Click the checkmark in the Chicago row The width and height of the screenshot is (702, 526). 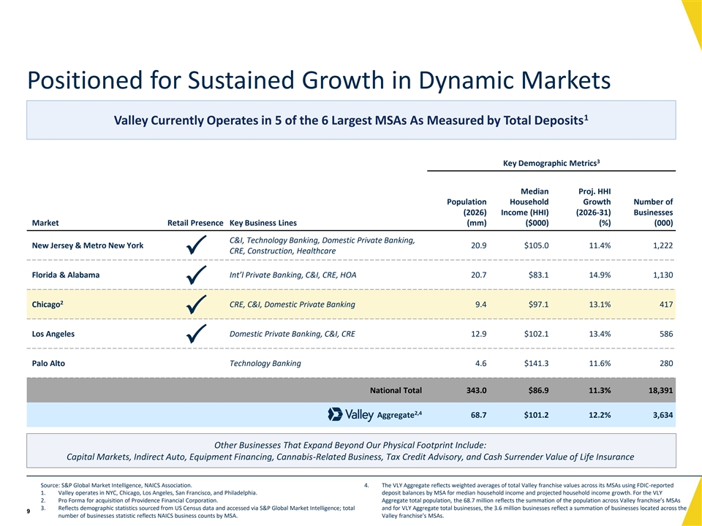click(196, 304)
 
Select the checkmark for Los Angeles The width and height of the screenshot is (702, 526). click(196, 334)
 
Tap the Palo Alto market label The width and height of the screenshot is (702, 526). click(48, 363)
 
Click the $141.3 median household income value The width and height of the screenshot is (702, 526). click(536, 363)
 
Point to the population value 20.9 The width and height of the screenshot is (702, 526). click(478, 245)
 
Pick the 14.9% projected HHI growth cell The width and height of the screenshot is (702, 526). click(600, 275)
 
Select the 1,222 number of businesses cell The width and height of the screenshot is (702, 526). click(663, 245)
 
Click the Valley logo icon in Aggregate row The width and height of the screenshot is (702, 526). click(335, 414)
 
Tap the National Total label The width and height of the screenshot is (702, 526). click(396, 390)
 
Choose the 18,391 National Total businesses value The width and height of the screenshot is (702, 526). click(661, 390)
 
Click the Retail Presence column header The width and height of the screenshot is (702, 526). click(195, 223)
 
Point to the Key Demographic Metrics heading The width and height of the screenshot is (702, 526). click(551, 163)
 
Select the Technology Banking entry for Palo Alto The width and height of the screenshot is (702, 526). click(265, 363)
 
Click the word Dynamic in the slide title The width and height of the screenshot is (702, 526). click(464, 80)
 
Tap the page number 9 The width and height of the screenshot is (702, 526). click(29, 511)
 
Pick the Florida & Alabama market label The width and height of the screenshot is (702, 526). click(66, 275)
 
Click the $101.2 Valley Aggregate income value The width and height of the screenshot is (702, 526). click(536, 415)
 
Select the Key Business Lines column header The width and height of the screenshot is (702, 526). click(263, 223)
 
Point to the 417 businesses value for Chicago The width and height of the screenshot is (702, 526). click(666, 304)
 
